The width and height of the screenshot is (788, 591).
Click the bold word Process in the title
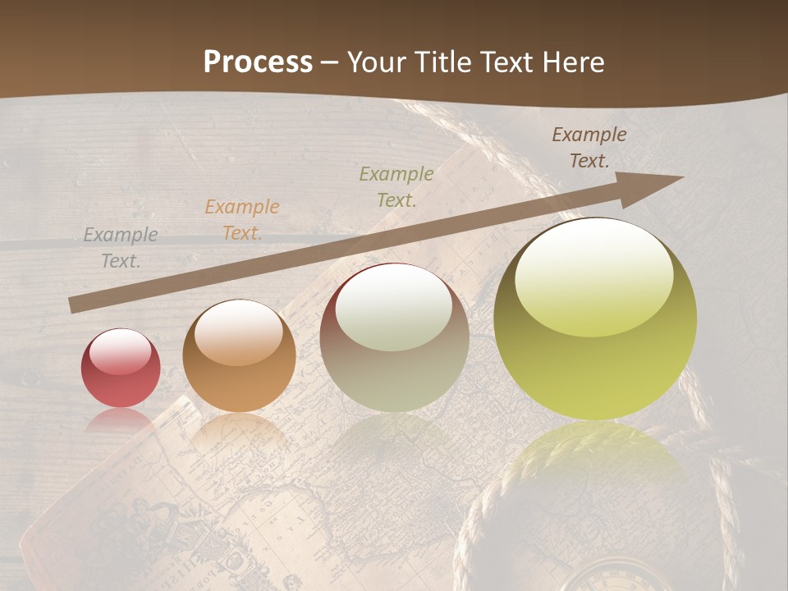click(258, 62)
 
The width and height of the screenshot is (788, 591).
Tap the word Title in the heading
click(442, 62)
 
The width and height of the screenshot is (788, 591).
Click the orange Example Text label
click(242, 220)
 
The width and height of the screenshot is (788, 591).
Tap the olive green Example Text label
click(396, 186)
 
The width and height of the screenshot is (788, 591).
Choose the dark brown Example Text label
click(589, 148)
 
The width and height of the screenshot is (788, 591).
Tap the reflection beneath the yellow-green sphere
click(594, 460)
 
